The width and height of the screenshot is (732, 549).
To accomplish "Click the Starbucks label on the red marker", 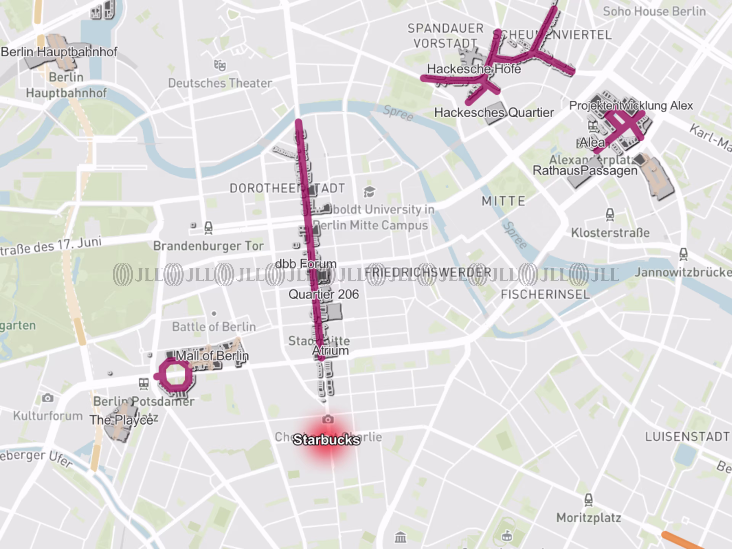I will pyautogui.click(x=326, y=440).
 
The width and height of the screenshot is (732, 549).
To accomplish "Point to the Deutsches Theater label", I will pyautogui.click(x=220, y=83).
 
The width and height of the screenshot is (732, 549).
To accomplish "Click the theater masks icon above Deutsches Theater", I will pyautogui.click(x=220, y=65).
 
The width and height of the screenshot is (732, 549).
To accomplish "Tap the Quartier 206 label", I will pyautogui.click(x=323, y=294).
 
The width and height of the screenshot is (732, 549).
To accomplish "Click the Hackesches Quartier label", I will pyautogui.click(x=494, y=112).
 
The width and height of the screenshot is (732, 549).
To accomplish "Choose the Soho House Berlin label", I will pyautogui.click(x=654, y=12).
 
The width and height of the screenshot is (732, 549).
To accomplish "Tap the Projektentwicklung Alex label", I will pyautogui.click(x=631, y=106).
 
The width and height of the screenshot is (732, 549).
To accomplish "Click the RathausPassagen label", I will pyautogui.click(x=585, y=171).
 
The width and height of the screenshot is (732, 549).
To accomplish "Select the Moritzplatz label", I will pyautogui.click(x=588, y=518).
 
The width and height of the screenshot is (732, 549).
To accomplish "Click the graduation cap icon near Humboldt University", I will pyautogui.click(x=369, y=191).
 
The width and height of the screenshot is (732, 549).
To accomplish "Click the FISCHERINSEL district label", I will pyautogui.click(x=545, y=294).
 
